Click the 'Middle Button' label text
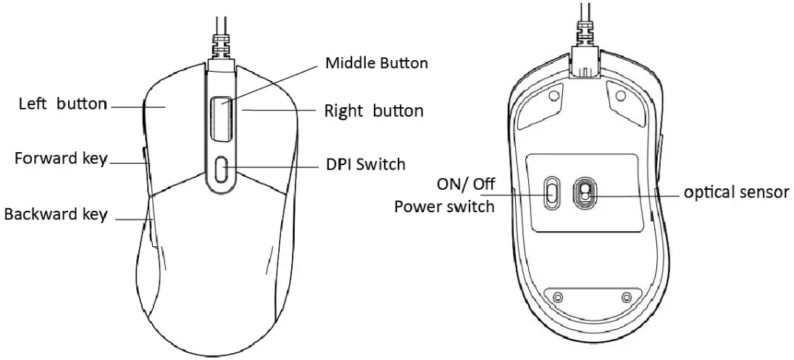pos(376,63)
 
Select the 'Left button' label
pos(62,104)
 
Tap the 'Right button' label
pos(373,112)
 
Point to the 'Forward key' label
pos(61,159)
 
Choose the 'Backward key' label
pos(56,214)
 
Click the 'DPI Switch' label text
pos(365,164)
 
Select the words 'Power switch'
pos(444,206)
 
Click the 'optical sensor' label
pos(736,193)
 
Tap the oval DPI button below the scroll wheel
pos(222,169)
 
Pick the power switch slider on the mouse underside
pos(552,191)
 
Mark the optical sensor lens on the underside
pos(583,192)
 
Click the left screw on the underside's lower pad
pos(556,297)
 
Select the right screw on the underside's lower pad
pos(626,297)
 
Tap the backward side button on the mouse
pos(151,225)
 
